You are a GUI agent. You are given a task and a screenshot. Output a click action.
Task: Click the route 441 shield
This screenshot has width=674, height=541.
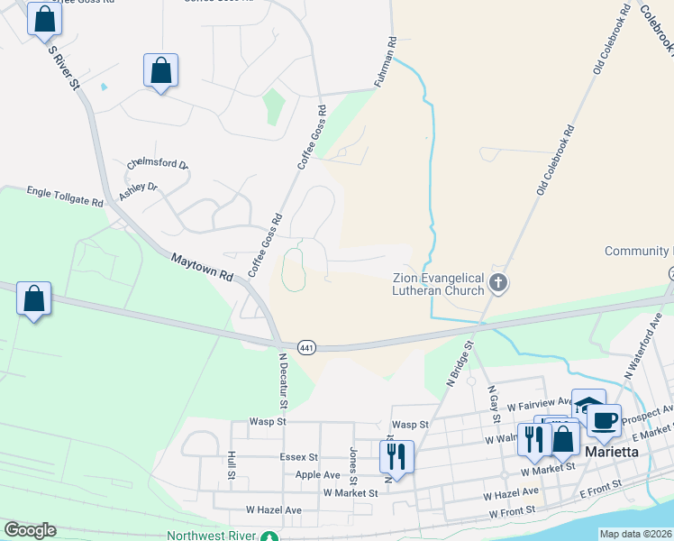pos(306,347)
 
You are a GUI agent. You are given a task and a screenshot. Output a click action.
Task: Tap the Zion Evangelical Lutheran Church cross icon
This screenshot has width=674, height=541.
pos(497,285)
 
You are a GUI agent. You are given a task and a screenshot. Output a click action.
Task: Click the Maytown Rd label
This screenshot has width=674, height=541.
pos(203,270)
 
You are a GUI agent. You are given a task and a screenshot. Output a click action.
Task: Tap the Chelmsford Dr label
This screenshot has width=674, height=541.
pos(158,164)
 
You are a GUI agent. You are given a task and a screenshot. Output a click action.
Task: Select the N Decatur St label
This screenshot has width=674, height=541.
pos(281,378)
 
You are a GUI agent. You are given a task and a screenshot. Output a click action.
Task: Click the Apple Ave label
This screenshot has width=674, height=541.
pos(317,474)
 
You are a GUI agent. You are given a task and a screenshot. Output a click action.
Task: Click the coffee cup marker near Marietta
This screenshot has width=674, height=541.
pos(606,420)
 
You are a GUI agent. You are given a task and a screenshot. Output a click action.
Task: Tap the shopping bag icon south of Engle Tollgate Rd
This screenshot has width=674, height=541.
pos(33,299)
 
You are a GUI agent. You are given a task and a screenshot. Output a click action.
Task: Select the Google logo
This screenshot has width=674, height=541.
pos(30,530)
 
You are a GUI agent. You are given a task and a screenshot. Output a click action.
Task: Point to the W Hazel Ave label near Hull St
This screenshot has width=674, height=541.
pos(266,510)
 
